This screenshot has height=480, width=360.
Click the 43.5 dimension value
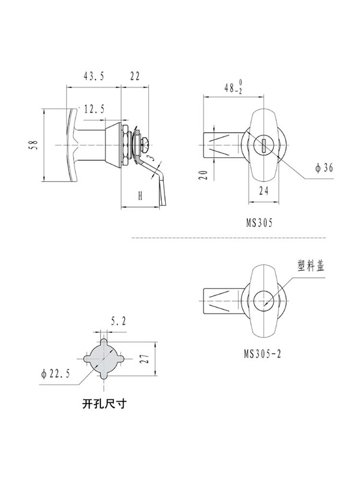[x=94, y=76]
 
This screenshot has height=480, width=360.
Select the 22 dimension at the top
[x=135, y=76]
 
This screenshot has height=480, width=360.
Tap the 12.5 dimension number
[x=94, y=109]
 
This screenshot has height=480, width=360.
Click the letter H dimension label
[x=140, y=196]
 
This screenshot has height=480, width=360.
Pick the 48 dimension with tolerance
[x=233, y=87]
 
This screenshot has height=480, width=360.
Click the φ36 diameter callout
[x=324, y=168]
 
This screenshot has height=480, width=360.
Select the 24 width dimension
[x=264, y=191]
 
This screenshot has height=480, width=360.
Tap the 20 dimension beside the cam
[x=203, y=175]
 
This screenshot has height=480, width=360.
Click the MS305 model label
[x=260, y=223]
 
